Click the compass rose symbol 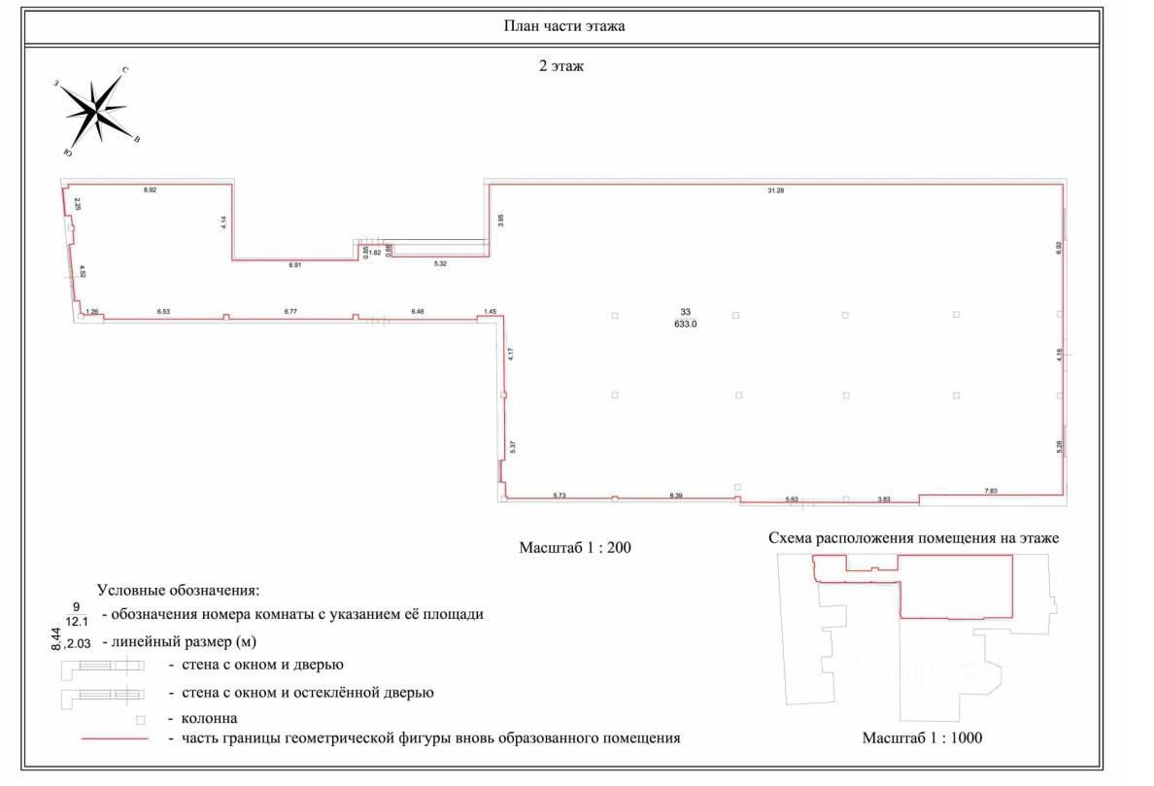97,111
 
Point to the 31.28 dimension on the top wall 775,190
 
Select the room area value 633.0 686,325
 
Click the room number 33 686,312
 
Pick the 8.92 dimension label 150,190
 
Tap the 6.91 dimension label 295,264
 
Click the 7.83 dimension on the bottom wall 991,492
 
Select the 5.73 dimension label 560,496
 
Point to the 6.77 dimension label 289,311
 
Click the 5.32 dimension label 440,264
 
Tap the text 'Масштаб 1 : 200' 576,548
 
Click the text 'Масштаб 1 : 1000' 922,738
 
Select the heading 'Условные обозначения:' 178,590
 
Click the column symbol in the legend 140,720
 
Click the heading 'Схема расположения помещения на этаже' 913,537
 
